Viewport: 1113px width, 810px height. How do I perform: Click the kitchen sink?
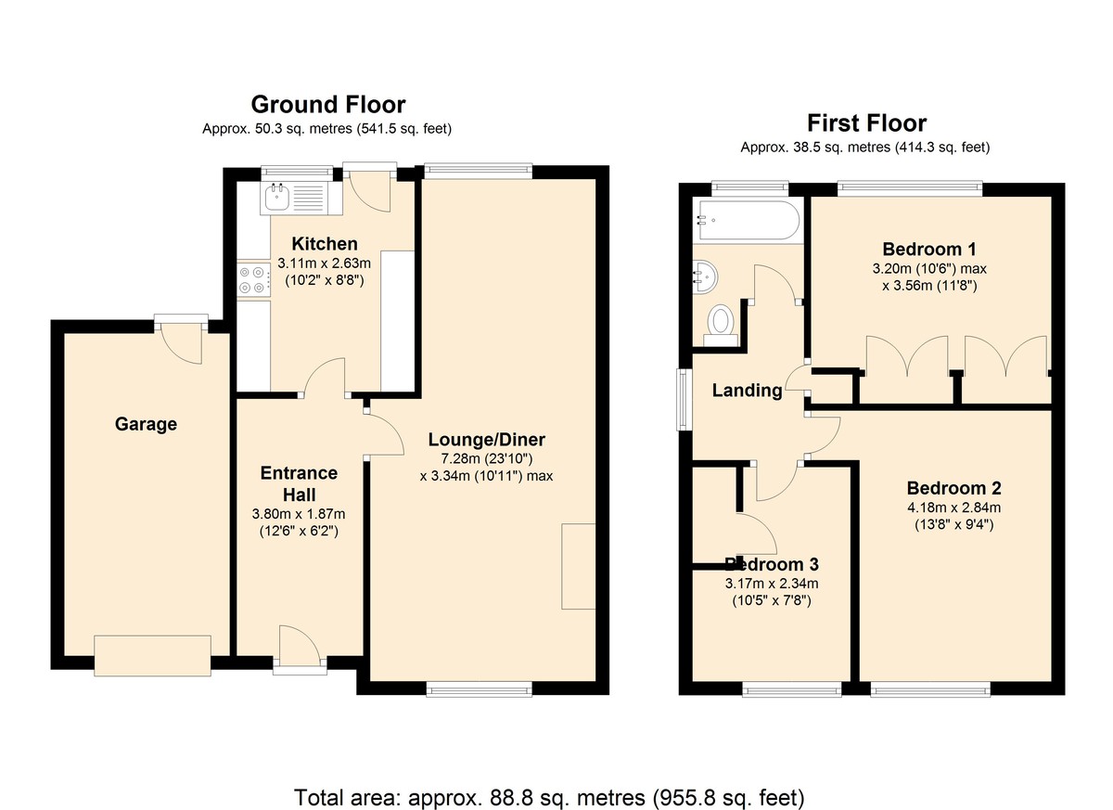(276, 198)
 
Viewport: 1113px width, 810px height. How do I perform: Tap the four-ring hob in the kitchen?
(254, 280)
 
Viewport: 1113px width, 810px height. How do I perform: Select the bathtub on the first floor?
(748, 220)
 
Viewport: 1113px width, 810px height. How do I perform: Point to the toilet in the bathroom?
(721, 326)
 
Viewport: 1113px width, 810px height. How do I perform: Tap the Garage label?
(146, 424)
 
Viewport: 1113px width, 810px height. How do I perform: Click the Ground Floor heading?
(328, 105)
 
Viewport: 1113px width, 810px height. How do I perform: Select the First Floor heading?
(866, 123)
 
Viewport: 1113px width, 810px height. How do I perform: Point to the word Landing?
(747, 390)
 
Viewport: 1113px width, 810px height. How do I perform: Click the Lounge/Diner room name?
(486, 439)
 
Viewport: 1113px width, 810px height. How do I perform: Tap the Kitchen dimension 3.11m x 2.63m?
(324, 263)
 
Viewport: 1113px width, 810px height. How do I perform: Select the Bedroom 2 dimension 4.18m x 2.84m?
(954, 508)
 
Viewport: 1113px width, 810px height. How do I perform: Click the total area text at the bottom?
(549, 784)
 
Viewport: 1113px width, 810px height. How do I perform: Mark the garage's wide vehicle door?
(152, 655)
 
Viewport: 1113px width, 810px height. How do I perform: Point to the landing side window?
(684, 399)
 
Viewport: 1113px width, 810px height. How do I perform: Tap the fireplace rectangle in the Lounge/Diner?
(579, 566)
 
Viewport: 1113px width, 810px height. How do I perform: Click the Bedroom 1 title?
(929, 249)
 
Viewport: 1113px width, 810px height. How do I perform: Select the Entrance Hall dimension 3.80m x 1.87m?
(299, 514)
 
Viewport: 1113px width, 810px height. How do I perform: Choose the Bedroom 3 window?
(792, 688)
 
